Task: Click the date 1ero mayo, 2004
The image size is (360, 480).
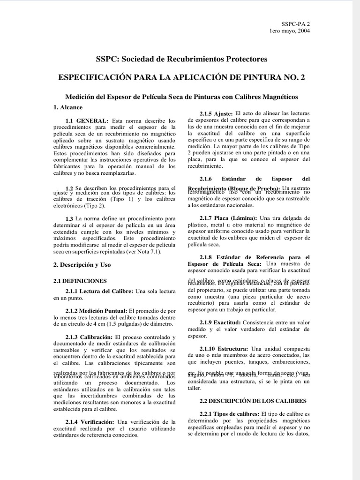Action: click(x=289, y=31)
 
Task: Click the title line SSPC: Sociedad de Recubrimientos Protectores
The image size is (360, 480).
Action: click(x=181, y=59)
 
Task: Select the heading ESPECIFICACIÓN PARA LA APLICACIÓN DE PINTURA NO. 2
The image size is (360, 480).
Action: click(x=181, y=78)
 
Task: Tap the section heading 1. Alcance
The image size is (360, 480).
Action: click(x=68, y=107)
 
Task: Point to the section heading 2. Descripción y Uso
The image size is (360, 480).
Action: click(x=82, y=264)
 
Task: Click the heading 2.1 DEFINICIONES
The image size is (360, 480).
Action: click(x=80, y=281)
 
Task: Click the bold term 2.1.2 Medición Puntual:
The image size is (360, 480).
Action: click(x=97, y=310)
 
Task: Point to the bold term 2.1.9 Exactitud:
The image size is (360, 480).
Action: click(x=220, y=322)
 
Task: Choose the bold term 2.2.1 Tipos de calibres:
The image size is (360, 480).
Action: click(x=229, y=414)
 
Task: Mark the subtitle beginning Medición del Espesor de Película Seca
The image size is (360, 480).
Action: click(x=181, y=96)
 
